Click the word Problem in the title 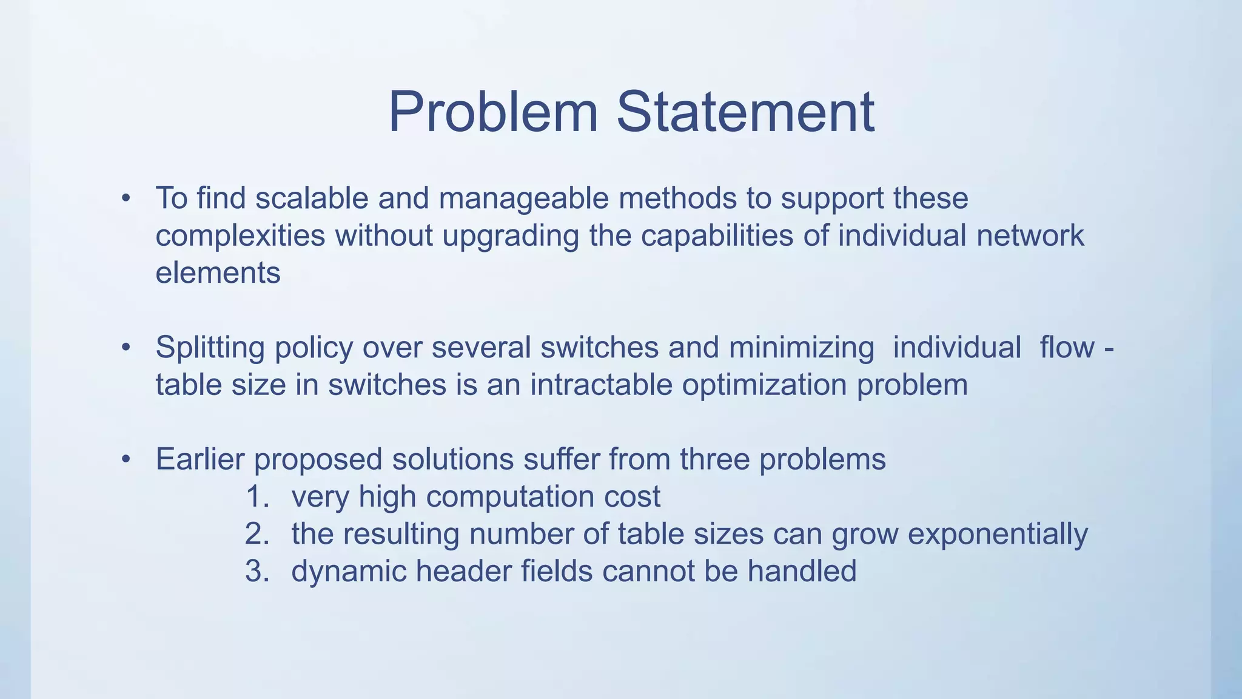[492, 112]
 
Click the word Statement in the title [745, 112]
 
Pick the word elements [218, 273]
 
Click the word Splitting [210, 348]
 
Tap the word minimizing [801, 348]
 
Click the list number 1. [257, 497]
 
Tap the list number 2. [257, 535]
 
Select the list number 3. [257, 572]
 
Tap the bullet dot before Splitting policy [126, 348]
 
